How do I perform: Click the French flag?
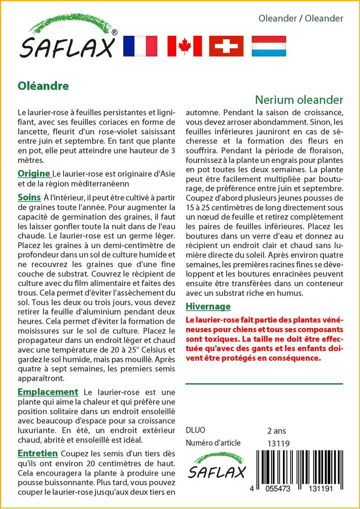point(140,46)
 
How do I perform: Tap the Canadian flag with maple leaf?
point(184,46)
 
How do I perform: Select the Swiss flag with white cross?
point(226,46)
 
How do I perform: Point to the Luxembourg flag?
point(269,46)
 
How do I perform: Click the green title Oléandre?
point(43,85)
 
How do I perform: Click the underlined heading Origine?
point(34,173)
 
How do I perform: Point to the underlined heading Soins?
point(29,197)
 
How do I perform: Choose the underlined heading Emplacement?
point(48,392)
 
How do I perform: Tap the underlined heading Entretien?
point(38,453)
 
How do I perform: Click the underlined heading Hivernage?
point(208,306)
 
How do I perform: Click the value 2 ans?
point(276,430)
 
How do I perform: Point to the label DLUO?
point(195,430)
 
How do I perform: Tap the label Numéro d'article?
point(213,443)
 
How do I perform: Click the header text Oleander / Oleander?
point(301,18)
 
